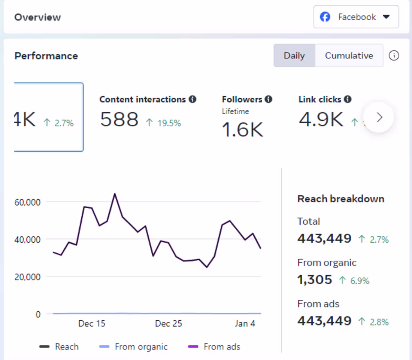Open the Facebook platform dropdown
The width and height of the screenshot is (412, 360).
356,17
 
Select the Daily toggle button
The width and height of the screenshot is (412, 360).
294,55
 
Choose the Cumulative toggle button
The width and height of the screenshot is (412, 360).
349,55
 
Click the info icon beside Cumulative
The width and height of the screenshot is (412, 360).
394,55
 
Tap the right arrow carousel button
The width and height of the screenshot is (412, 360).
379,117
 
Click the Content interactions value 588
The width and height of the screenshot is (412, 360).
119,120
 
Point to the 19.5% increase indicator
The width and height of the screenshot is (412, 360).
164,123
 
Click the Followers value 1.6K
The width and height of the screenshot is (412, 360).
243,130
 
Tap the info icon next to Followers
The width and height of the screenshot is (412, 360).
268,99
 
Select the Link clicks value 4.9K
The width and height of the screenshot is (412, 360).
321,120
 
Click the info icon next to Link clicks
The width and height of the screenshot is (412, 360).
348,99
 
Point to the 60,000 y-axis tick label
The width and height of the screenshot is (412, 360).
27,202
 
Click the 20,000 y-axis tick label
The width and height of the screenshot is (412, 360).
27,277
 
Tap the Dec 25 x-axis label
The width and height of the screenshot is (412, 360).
168,323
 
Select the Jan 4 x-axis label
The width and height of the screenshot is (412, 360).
245,323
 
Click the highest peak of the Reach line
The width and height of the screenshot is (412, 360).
115,194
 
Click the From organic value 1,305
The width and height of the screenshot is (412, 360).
315,279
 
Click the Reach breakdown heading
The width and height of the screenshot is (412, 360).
340,199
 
